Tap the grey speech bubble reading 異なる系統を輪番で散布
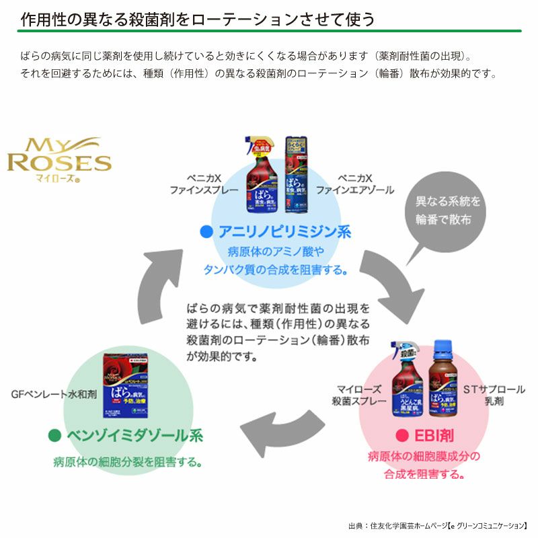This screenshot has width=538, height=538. [438, 210]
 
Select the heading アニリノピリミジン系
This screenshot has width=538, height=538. [283, 232]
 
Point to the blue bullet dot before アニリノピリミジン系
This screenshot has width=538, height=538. [206, 233]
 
